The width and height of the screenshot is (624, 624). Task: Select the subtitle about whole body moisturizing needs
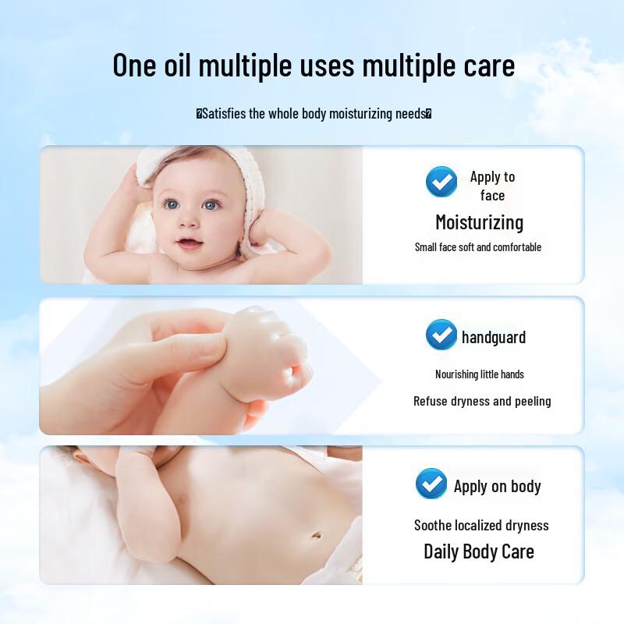[x=314, y=114]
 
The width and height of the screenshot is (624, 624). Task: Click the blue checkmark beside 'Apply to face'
[x=441, y=183]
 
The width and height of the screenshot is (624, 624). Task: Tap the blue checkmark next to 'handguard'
[x=441, y=335]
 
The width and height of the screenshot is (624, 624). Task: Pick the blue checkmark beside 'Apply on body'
[x=431, y=484]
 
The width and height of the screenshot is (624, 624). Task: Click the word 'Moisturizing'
[x=479, y=222]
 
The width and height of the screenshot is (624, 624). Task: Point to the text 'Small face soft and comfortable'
[x=477, y=247]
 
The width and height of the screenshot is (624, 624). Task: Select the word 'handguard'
[x=494, y=337]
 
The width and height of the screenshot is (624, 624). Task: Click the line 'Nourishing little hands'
[x=479, y=374]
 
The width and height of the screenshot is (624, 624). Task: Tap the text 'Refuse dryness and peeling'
[x=482, y=401]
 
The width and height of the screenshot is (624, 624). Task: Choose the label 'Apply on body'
[x=497, y=487]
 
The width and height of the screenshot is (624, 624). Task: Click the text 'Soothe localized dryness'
[x=481, y=525]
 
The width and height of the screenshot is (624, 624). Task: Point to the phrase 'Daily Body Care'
[x=479, y=551]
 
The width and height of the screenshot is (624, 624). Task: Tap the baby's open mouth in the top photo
[x=189, y=243]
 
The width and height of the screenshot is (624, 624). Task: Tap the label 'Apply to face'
[x=492, y=186]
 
